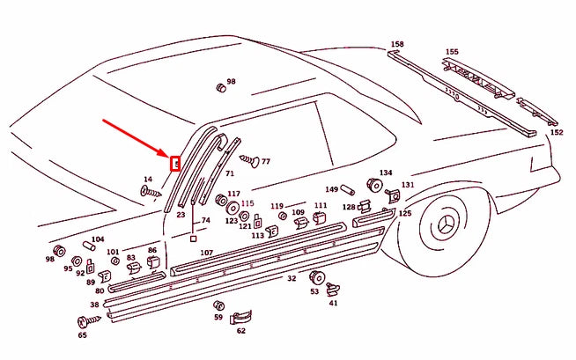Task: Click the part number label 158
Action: pyautogui.click(x=397, y=43)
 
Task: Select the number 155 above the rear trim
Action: pyautogui.click(x=451, y=52)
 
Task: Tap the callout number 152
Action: pyautogui.click(x=556, y=132)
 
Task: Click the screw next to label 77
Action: pyautogui.click(x=247, y=161)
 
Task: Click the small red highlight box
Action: pyautogui.click(x=174, y=163)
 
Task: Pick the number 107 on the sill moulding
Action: pyautogui.click(x=206, y=253)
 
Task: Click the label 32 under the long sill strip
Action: pyautogui.click(x=292, y=278)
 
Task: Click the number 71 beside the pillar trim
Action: pyautogui.click(x=229, y=174)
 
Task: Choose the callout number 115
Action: pyautogui.click(x=247, y=202)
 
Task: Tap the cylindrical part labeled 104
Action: pyautogui.click(x=90, y=248)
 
